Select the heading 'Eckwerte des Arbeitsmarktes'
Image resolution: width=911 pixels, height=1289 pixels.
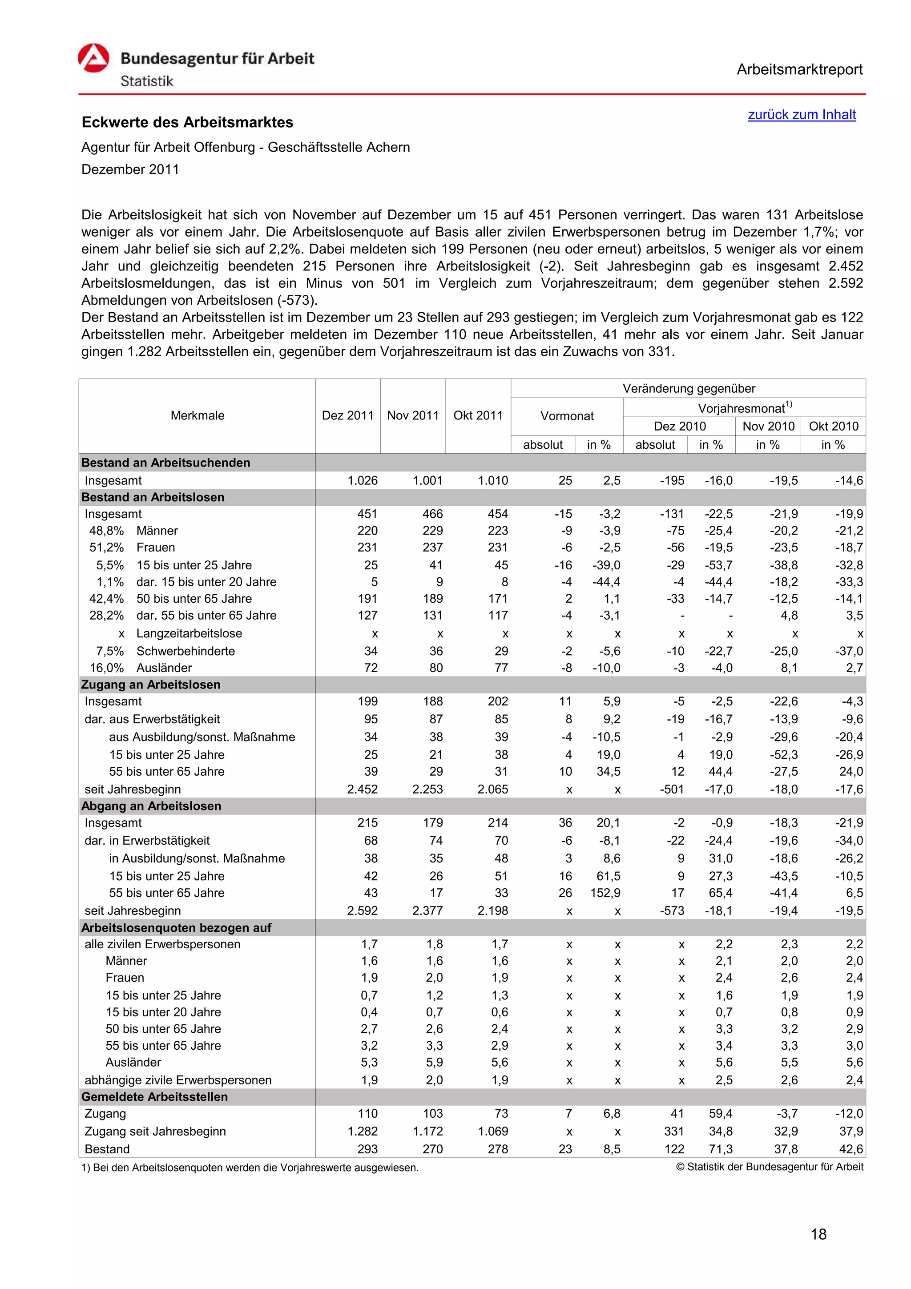pos(187,122)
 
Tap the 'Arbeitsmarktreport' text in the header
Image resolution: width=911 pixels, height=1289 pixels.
pos(799,70)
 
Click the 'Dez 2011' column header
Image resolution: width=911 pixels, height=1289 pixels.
pos(347,415)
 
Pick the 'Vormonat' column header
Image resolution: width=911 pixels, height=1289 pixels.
pos(566,416)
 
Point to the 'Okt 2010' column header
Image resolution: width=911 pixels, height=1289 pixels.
pos(833,426)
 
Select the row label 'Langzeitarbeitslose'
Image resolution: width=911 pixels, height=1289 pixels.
pos(189,633)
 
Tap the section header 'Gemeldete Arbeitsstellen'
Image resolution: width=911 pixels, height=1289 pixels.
pos(154,1096)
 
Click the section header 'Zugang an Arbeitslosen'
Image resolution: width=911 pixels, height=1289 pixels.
pos(150,685)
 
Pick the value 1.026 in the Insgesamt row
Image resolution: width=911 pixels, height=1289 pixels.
pos(362,480)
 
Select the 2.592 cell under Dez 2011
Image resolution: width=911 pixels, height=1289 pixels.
pos(362,910)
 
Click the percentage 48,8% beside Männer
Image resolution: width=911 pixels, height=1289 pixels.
pos(106,531)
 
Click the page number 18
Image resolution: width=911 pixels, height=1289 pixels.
pos(818,1234)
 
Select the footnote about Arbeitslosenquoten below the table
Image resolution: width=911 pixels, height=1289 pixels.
pos(250,1168)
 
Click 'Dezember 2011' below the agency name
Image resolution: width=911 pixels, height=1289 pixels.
pos(130,169)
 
